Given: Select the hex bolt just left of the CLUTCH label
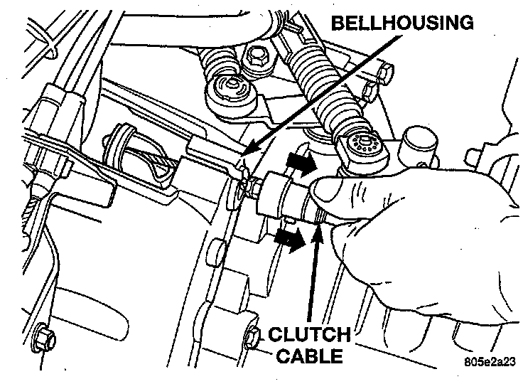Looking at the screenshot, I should [x=252, y=336].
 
